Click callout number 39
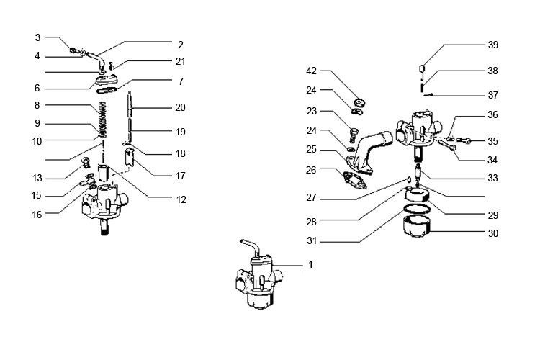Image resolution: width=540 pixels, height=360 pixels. point(492,45)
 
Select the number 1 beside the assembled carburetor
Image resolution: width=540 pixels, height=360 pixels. point(310,265)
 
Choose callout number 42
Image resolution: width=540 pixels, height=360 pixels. point(312,71)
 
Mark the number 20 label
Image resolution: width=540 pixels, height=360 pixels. point(180,107)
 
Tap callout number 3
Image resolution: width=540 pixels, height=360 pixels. point(37,37)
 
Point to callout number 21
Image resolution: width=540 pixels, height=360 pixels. point(180,61)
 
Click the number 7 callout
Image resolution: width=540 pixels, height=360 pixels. point(180,81)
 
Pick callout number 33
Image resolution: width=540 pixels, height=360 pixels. point(492,177)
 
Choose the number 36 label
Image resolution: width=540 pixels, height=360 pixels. point(492,114)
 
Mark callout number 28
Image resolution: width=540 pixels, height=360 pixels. point(312,222)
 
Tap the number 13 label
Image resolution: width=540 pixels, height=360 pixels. point(37,179)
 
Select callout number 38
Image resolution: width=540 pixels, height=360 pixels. point(492,71)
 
